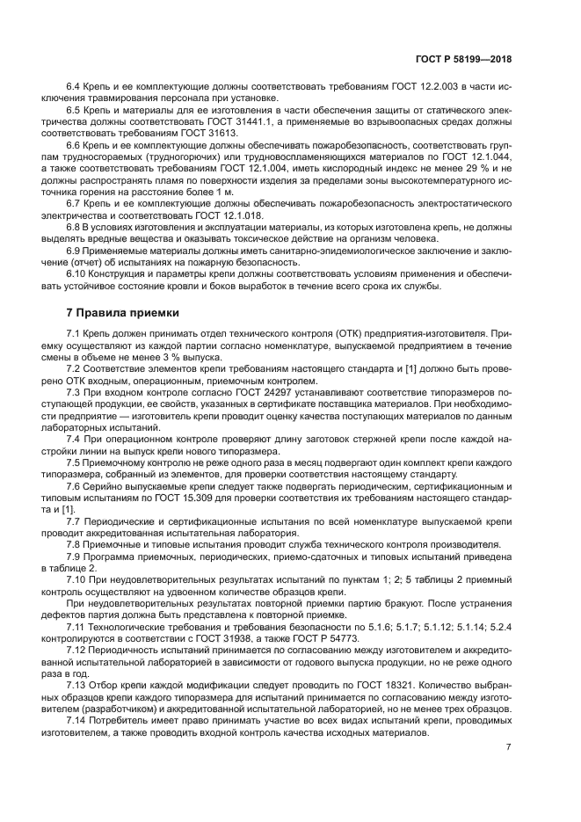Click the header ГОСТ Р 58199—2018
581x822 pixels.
pos(463,59)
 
